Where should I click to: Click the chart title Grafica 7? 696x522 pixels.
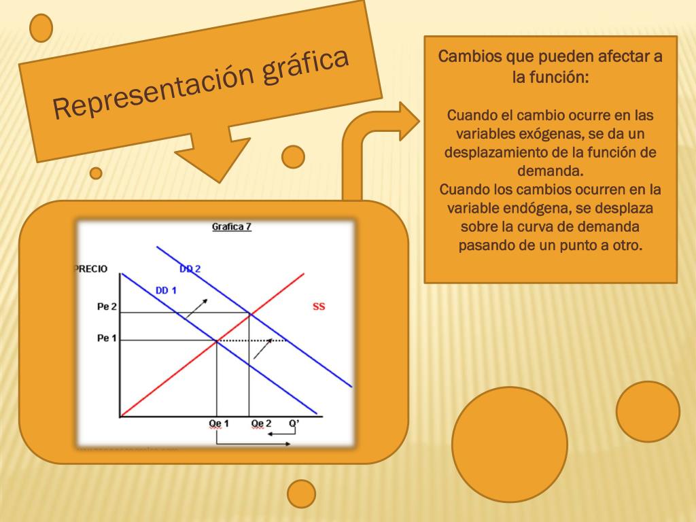[232, 227]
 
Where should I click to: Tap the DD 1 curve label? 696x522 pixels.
[166, 291]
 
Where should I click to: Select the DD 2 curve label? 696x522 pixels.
[190, 268]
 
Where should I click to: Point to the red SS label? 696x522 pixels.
[319, 307]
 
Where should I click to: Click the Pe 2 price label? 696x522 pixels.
[107, 307]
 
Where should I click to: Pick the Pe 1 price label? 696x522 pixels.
[107, 338]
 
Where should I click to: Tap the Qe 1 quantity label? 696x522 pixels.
[218, 423]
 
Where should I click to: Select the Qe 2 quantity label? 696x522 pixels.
[261, 423]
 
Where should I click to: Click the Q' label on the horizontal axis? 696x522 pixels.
[294, 423]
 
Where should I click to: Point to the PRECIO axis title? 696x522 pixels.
[90, 269]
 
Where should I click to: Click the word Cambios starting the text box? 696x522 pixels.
[470, 56]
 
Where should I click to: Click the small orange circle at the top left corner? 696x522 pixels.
[41, 28]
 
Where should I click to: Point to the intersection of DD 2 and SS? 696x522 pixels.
[249, 313]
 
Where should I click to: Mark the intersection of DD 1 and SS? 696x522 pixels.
[216, 340]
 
